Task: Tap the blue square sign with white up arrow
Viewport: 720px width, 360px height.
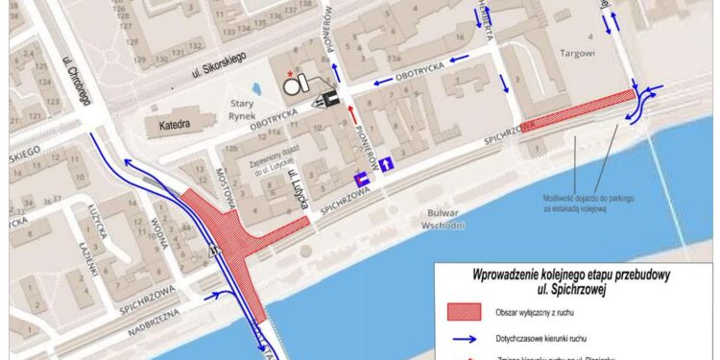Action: [x=386, y=164]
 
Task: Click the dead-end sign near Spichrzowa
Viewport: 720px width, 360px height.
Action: [x=363, y=180]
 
